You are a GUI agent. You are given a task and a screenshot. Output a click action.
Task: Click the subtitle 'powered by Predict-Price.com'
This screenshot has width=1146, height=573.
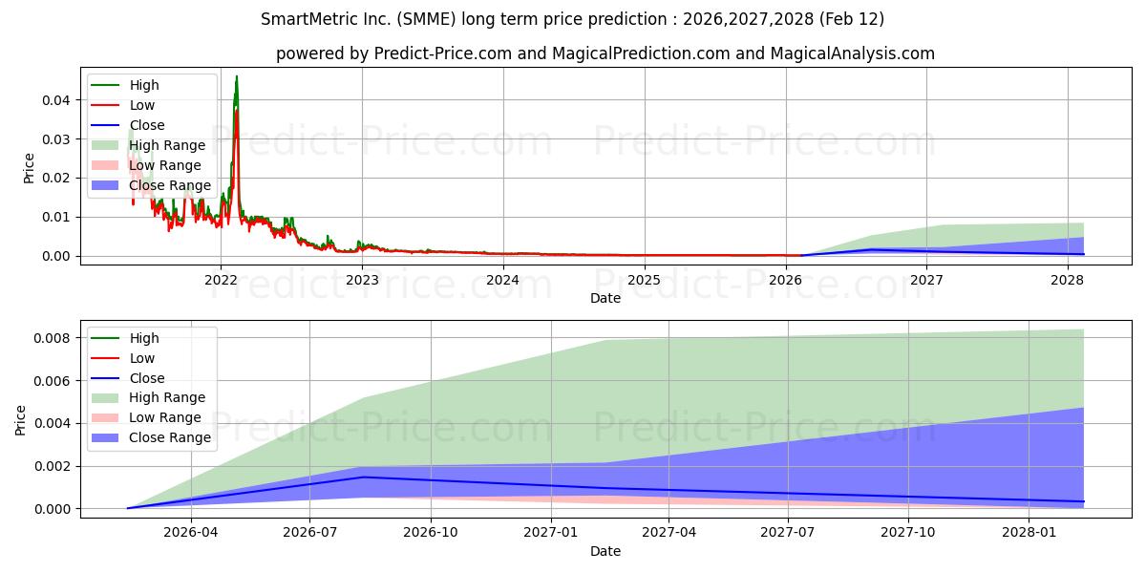pyautogui.click(x=605, y=53)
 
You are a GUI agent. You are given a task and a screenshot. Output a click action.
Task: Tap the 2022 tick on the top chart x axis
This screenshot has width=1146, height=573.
pyautogui.click(x=221, y=280)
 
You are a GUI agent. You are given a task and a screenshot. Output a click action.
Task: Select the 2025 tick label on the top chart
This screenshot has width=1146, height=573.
pyautogui.click(x=644, y=280)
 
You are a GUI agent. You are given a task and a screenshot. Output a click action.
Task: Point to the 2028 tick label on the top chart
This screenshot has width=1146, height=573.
pyautogui.click(x=1067, y=280)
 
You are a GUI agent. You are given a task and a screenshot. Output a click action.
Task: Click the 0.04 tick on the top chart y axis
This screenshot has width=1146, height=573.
pyautogui.click(x=55, y=100)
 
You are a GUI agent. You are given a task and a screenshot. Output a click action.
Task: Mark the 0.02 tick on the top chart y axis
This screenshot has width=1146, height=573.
pyautogui.click(x=55, y=178)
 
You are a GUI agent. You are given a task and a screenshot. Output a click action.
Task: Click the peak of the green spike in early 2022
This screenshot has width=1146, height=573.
pyautogui.click(x=237, y=76)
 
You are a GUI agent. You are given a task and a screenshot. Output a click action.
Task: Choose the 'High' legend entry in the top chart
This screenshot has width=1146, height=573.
pyautogui.click(x=144, y=85)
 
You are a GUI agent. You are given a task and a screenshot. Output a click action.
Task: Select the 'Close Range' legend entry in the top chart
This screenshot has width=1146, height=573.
pyautogui.click(x=170, y=185)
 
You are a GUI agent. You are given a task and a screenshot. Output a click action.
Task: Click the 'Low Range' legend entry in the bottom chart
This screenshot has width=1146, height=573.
pyautogui.click(x=165, y=417)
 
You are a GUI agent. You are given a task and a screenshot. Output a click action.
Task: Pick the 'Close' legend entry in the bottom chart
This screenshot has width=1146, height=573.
pyautogui.click(x=147, y=378)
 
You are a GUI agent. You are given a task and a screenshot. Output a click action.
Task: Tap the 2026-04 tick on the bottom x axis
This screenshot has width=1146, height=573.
pyautogui.click(x=192, y=533)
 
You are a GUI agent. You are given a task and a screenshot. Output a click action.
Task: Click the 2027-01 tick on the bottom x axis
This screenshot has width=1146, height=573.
pyautogui.click(x=550, y=533)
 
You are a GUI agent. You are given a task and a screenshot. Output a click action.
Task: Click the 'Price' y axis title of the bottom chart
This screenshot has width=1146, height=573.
pyautogui.click(x=21, y=419)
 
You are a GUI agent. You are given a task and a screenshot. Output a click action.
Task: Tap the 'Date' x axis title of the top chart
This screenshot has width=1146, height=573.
pyautogui.click(x=605, y=298)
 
